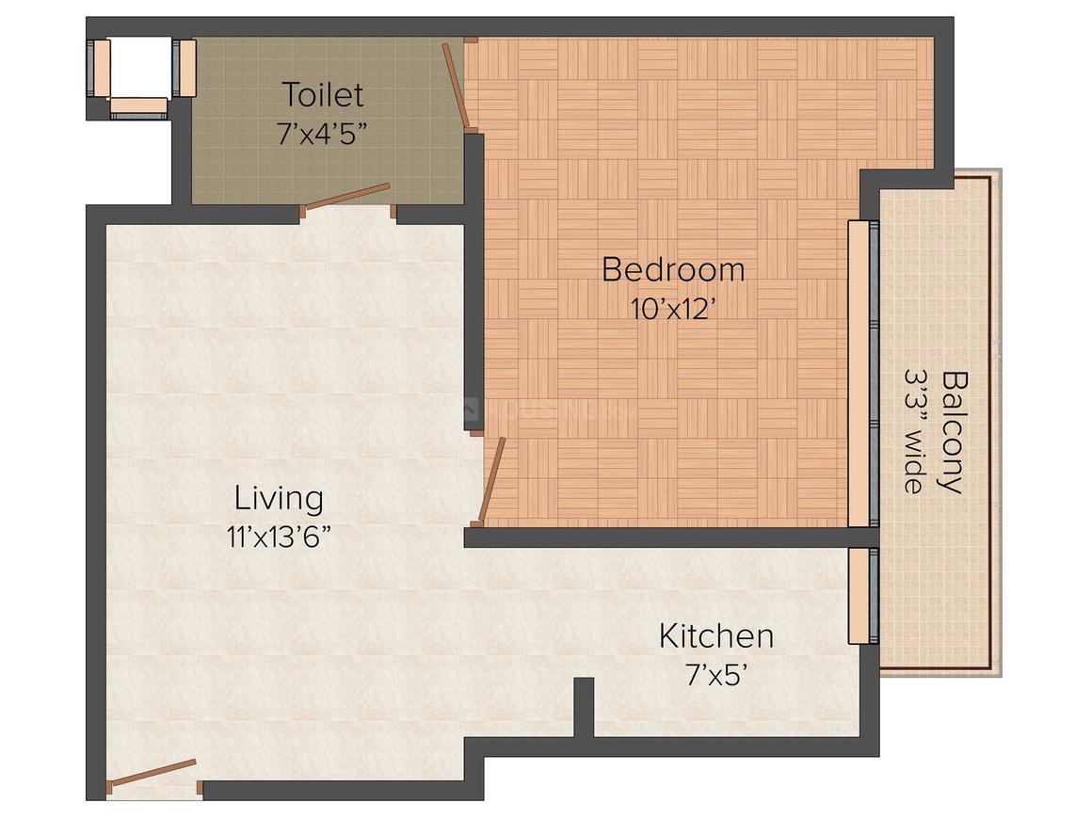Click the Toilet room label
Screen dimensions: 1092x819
pyautogui.click(x=323, y=95)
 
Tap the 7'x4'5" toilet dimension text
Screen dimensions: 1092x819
pyautogui.click(x=322, y=134)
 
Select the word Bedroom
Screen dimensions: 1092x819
pyautogui.click(x=673, y=269)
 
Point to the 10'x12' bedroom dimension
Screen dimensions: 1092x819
pyautogui.click(x=673, y=309)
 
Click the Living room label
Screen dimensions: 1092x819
pyautogui.click(x=279, y=499)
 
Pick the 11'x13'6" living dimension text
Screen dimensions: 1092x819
pyautogui.click(x=279, y=537)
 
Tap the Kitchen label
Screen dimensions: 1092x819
pyautogui.click(x=716, y=635)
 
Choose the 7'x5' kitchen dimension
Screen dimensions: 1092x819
pyautogui.click(x=716, y=675)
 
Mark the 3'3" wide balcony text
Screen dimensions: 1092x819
pyautogui.click(x=914, y=432)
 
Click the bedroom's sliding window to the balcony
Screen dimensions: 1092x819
pyautogui.click(x=863, y=374)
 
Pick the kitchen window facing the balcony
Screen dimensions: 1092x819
pyautogui.click(x=863, y=596)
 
